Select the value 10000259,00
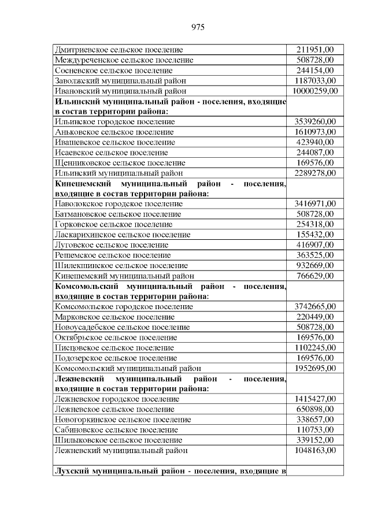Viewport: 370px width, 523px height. click(x=315, y=91)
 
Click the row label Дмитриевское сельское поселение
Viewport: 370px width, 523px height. click(x=119, y=50)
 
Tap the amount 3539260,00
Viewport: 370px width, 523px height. click(x=315, y=122)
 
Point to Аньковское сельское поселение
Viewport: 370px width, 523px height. click(x=114, y=132)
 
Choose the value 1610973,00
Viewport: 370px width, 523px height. click(x=315, y=132)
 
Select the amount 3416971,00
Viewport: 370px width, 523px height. click(x=315, y=203)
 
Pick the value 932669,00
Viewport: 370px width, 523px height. click(x=315, y=265)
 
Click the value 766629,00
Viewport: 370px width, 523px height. click(x=315, y=276)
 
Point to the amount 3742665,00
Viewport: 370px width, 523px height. click(x=315, y=306)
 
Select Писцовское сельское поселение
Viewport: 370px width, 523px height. click(x=114, y=348)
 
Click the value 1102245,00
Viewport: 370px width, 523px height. click(x=315, y=348)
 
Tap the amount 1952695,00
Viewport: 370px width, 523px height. click(x=315, y=368)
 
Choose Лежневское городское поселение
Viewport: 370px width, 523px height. click(x=116, y=399)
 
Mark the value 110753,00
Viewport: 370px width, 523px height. click(x=315, y=430)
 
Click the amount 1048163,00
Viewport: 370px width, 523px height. click(x=315, y=450)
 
